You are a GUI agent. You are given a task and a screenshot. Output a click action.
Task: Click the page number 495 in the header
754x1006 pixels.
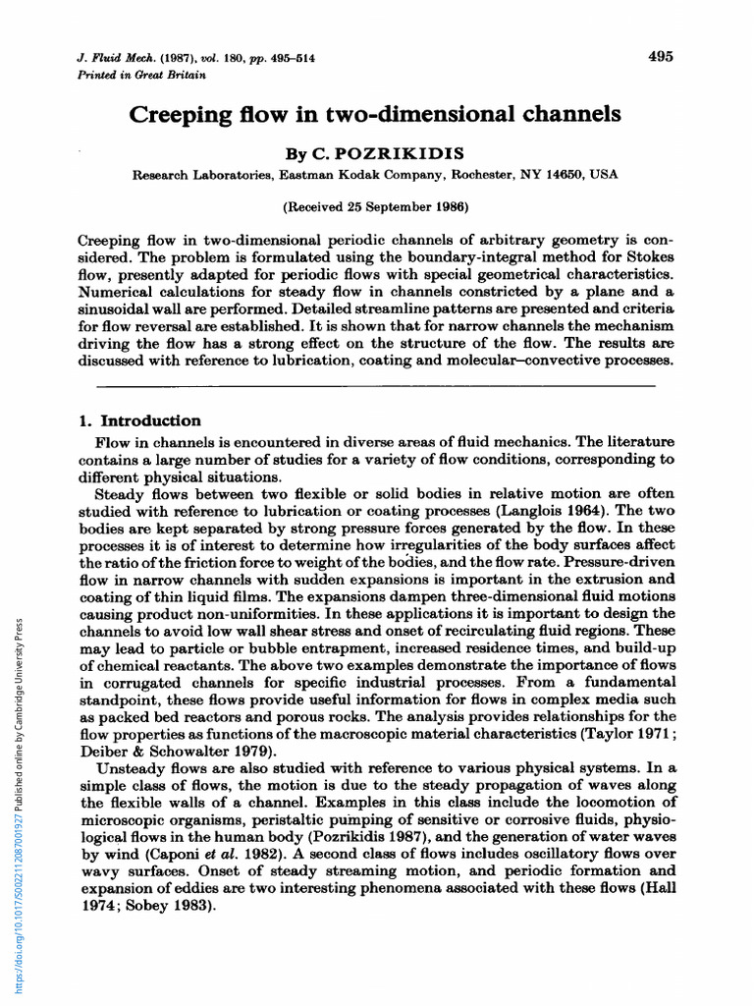(x=661, y=57)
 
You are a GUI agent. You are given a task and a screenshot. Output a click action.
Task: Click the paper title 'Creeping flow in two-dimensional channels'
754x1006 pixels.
(x=376, y=114)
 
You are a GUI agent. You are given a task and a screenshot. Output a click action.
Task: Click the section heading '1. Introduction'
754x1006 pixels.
(x=139, y=420)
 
